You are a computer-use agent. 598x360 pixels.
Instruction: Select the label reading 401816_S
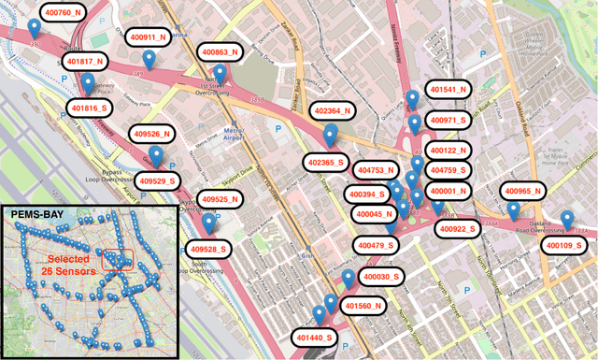[x=91, y=108]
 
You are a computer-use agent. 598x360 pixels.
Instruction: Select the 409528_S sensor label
[x=211, y=249]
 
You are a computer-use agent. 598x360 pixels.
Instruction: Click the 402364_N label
[x=334, y=110]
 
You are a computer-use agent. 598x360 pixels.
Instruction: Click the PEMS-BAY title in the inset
[x=35, y=214]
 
